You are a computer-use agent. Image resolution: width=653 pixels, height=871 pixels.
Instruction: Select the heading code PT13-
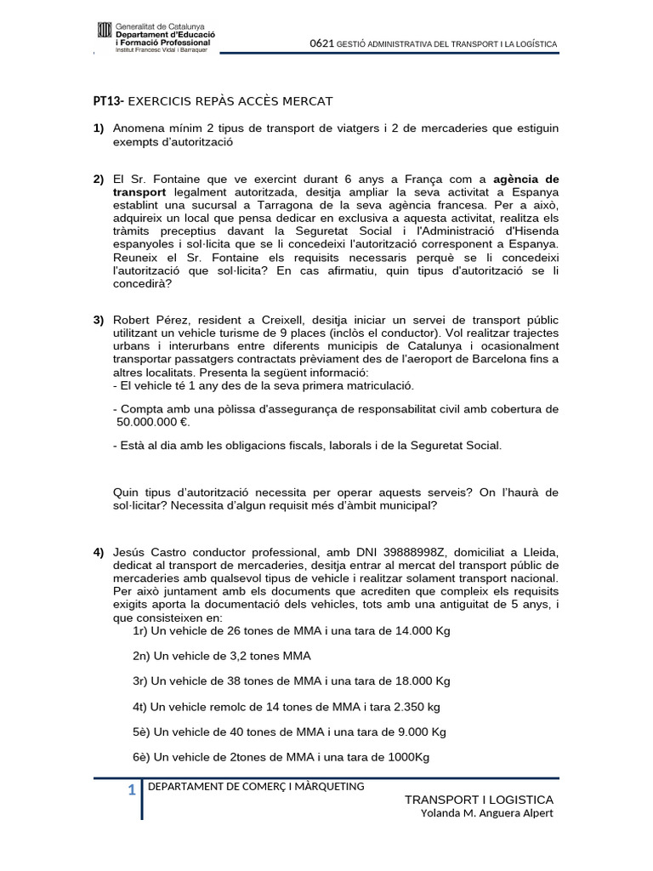click(x=108, y=101)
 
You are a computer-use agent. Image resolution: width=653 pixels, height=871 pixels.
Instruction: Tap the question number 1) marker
click(x=99, y=128)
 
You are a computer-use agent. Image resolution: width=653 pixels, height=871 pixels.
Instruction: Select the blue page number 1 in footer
click(x=132, y=791)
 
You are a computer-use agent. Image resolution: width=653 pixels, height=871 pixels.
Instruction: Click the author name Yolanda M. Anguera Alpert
click(x=487, y=813)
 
